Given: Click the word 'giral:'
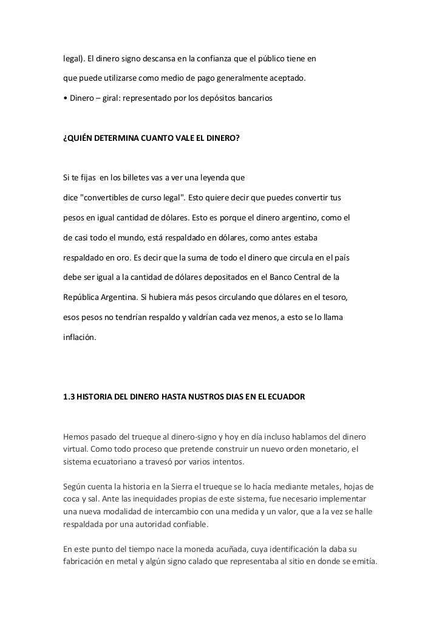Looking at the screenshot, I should point(107,98).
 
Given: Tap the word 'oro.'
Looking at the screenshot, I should point(121,257).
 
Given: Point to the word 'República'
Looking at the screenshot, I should point(83,298).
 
